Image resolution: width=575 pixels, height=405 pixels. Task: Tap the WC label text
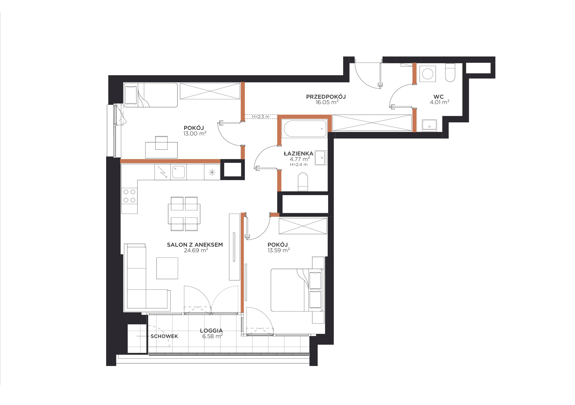439,97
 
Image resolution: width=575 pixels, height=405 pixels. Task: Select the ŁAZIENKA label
298,154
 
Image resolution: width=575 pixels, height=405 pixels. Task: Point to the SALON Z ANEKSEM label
195,245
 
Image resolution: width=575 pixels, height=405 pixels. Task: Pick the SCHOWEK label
164,336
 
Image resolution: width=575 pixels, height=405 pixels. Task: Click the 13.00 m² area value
195,133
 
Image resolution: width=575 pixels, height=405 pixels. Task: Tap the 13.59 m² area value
279,250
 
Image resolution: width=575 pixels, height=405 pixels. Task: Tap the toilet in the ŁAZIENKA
303,182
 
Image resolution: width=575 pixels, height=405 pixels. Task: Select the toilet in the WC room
450,73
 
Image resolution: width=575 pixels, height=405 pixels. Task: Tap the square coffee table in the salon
167,268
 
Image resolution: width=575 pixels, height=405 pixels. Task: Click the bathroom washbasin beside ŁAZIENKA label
321,158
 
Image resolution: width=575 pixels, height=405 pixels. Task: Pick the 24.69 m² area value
196,250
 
